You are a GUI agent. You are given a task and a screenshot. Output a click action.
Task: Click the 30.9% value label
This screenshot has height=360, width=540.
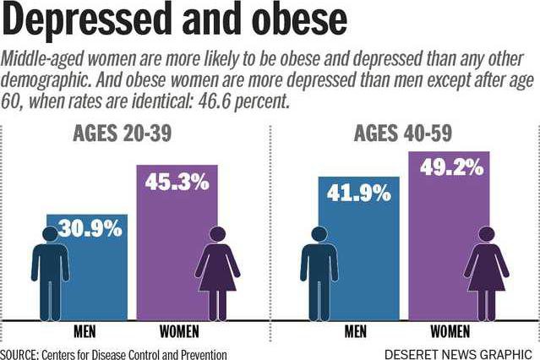(x=90, y=227)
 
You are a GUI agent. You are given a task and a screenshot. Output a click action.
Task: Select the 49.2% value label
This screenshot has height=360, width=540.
(x=454, y=167)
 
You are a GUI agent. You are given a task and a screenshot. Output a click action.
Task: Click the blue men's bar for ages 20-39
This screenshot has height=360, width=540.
(x=93, y=279)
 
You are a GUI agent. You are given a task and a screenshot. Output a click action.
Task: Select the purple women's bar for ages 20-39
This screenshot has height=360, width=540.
(x=169, y=254)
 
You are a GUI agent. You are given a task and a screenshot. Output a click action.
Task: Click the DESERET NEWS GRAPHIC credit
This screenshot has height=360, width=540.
(x=457, y=352)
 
